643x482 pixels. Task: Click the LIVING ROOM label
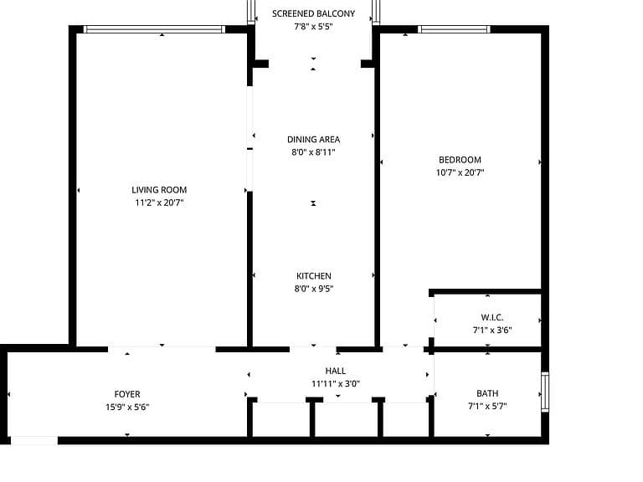click(x=159, y=190)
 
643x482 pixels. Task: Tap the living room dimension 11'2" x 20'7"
click(x=159, y=203)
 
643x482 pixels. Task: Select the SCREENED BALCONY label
click(x=313, y=13)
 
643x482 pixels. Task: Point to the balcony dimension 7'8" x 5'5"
click(x=313, y=27)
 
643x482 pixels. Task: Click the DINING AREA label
click(x=313, y=140)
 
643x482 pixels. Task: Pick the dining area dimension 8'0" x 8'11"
click(x=313, y=152)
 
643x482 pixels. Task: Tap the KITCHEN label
click(x=314, y=276)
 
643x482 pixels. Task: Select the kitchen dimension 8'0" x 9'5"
click(x=314, y=289)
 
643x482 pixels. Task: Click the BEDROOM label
click(x=460, y=160)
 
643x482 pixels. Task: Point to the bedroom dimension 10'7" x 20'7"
click(x=460, y=172)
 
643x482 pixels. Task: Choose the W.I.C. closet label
click(x=492, y=317)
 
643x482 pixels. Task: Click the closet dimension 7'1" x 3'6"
click(x=492, y=330)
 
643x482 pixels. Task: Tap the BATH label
click(x=487, y=393)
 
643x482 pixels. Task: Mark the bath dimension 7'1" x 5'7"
click(x=487, y=406)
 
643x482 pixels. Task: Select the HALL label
click(x=336, y=371)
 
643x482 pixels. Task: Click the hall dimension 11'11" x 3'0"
click(x=336, y=383)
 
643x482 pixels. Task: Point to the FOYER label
click(x=127, y=394)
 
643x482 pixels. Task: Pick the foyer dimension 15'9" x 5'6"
click(x=127, y=407)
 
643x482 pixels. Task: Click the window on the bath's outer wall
click(x=545, y=392)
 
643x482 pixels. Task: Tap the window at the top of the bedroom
click(x=454, y=29)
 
